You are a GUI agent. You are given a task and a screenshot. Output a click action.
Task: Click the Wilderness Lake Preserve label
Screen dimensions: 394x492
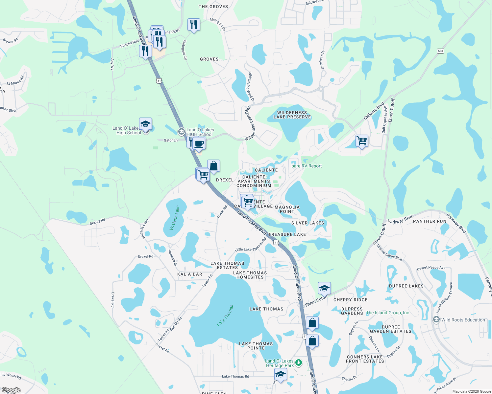[x=292, y=115]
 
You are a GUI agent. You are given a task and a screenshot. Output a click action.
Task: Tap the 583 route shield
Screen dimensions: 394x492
[x=441, y=51]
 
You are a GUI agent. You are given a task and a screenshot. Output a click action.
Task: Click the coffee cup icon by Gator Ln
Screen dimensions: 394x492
[x=199, y=144]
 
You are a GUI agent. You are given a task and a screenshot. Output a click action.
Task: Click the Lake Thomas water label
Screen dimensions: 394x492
[x=225, y=315]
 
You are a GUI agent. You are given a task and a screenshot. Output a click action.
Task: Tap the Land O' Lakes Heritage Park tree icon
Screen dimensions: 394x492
[x=299, y=363]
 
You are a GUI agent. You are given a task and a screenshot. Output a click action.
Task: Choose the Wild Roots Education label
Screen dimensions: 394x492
[x=463, y=320]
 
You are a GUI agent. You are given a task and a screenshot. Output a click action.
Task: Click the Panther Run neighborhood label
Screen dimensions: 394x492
[x=430, y=221]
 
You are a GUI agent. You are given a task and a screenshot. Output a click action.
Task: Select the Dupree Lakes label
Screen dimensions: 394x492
[x=406, y=286]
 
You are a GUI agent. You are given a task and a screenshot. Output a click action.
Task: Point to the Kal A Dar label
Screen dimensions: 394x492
[x=190, y=274]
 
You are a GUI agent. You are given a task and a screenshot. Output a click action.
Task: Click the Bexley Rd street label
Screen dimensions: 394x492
[x=97, y=222]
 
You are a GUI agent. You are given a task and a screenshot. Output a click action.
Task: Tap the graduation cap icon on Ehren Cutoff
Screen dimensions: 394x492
[x=324, y=289]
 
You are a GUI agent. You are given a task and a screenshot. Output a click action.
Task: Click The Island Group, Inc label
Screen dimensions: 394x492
[x=387, y=313]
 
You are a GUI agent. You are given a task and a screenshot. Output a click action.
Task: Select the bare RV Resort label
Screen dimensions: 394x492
[x=307, y=166]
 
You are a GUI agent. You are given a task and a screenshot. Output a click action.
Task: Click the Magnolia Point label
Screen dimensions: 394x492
[x=287, y=209]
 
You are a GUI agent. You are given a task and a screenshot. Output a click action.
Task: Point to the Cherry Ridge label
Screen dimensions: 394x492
[x=351, y=300]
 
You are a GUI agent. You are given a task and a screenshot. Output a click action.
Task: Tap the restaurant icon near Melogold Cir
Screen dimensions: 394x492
[x=194, y=24]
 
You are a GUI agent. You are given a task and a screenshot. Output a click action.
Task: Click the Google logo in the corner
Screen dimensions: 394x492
[x=11, y=390]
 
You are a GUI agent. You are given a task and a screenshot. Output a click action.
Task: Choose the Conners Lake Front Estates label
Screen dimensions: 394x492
[x=365, y=359]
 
